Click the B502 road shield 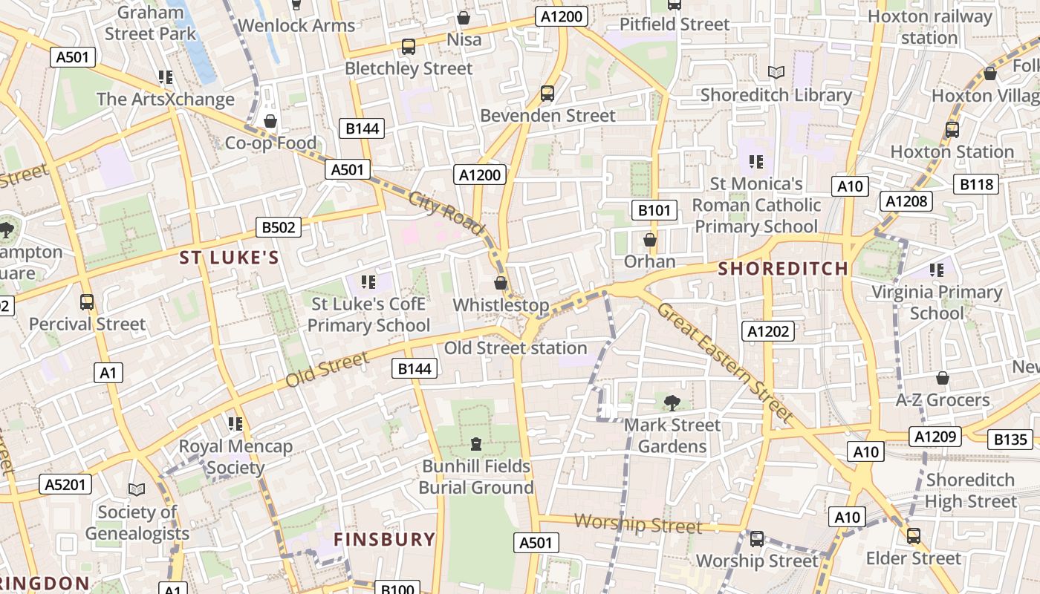[x=279, y=227]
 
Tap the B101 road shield [x=654, y=210]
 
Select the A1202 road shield [x=768, y=331]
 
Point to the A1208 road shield [x=906, y=200]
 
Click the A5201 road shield [x=65, y=485]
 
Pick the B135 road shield [x=1011, y=440]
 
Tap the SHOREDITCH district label [x=784, y=269]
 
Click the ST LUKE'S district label [x=230, y=258]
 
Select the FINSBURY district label [x=384, y=539]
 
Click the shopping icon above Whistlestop [x=501, y=283]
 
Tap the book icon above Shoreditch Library [x=776, y=72]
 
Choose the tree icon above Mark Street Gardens [x=672, y=402]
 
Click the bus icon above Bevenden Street [x=547, y=93]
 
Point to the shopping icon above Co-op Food [x=270, y=120]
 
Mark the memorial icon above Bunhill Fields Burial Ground [x=476, y=444]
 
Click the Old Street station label [x=516, y=347]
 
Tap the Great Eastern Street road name [x=724, y=362]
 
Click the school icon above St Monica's [x=756, y=161]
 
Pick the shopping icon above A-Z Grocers [x=942, y=378]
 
